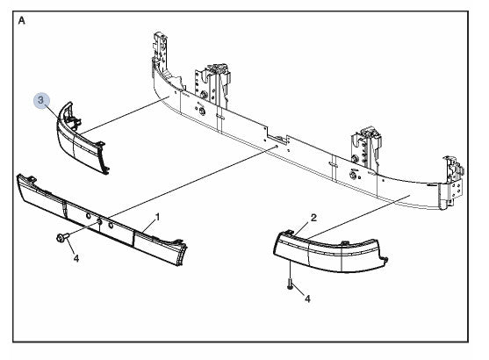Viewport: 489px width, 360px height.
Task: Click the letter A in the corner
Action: (x=22, y=20)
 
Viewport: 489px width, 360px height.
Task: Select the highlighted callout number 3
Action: (x=41, y=100)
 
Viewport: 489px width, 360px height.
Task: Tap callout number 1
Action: (x=157, y=217)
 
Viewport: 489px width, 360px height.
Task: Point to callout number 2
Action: (x=313, y=218)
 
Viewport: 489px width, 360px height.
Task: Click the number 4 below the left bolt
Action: (x=76, y=258)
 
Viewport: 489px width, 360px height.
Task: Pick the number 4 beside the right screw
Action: (x=307, y=299)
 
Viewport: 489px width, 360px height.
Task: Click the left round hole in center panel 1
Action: (x=88, y=216)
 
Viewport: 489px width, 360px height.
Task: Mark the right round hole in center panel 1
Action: (x=111, y=225)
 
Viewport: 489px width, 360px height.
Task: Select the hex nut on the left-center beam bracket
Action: (x=202, y=111)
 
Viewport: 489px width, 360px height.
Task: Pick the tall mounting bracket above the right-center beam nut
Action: (x=366, y=147)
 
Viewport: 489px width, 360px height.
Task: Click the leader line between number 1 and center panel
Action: (x=147, y=227)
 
